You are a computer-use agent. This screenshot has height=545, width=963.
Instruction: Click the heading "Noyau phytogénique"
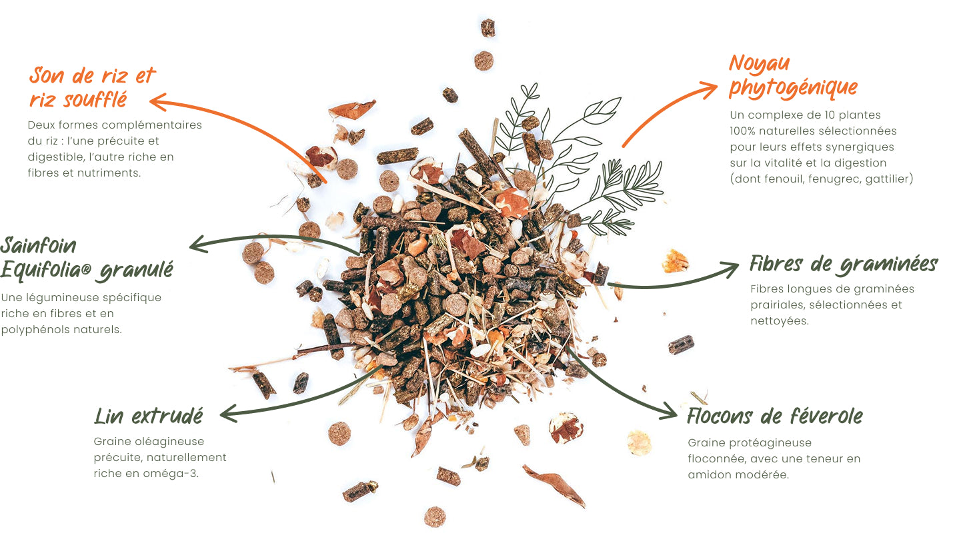click(792, 75)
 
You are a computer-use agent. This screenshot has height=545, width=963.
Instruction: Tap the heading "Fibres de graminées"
click(844, 265)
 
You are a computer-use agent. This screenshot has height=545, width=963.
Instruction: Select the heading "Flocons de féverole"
click(774, 416)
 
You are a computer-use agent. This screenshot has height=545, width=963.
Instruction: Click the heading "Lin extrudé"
click(148, 416)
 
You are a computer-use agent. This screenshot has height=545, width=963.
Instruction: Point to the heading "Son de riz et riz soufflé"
click(91, 87)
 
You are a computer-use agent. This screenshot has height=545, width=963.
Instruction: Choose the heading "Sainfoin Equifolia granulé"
click(86, 258)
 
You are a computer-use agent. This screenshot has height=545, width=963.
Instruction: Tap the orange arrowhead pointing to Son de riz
click(157, 102)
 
